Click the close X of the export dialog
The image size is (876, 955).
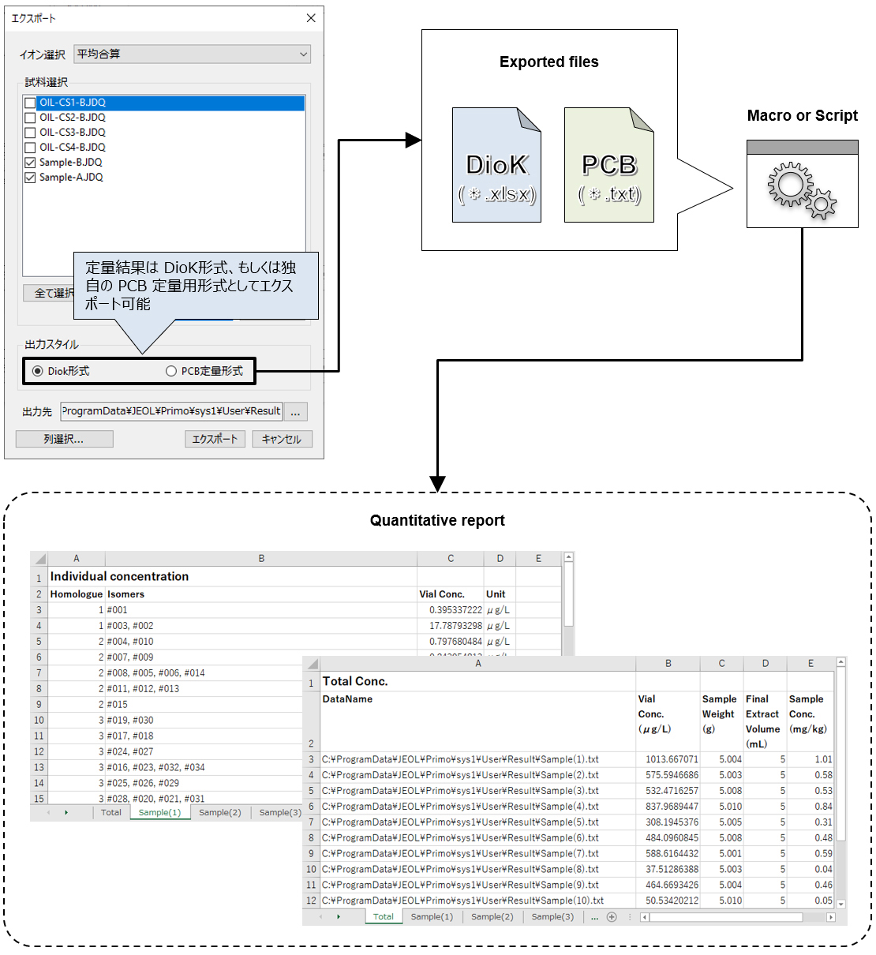(x=311, y=18)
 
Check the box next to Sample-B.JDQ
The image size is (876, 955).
(x=30, y=163)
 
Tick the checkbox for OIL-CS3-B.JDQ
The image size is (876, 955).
(x=30, y=133)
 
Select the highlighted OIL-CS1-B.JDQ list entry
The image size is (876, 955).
(x=73, y=103)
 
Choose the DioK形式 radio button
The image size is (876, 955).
(x=38, y=371)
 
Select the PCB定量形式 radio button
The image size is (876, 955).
(x=171, y=371)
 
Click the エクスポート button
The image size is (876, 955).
(x=215, y=439)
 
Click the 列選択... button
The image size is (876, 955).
(x=64, y=439)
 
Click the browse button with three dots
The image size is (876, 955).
(x=295, y=412)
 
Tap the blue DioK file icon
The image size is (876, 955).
(x=496, y=165)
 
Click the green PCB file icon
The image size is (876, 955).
(x=608, y=165)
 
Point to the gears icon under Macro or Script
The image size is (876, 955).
(x=802, y=190)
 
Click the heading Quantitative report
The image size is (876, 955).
(x=437, y=520)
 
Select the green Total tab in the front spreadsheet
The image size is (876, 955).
(x=384, y=916)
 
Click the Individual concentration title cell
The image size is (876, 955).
(x=120, y=577)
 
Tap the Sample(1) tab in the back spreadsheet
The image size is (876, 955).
(x=159, y=812)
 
